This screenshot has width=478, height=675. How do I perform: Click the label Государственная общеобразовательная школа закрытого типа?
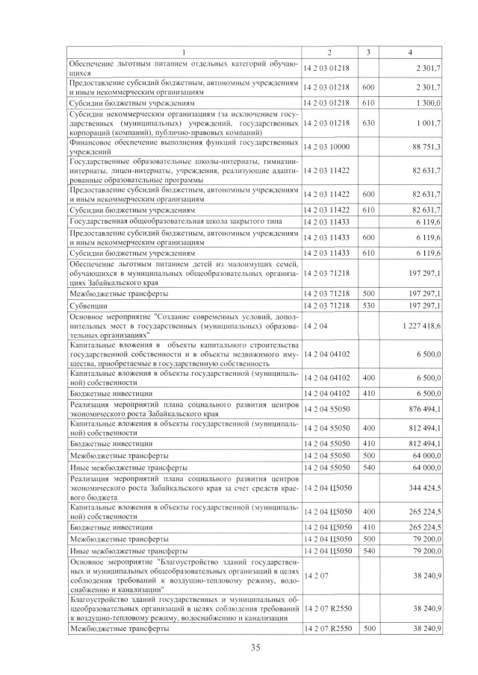coord(164,222)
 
